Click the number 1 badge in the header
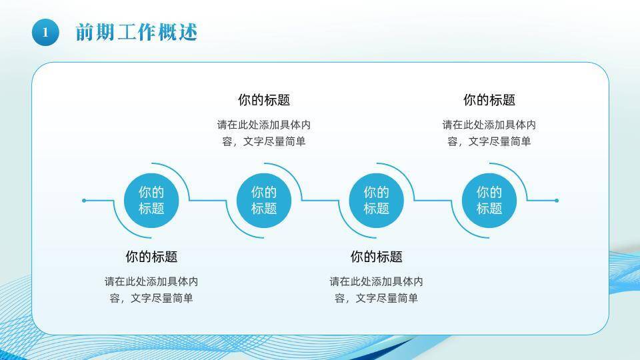point(45,32)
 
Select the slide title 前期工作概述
point(136,32)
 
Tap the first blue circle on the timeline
point(151,200)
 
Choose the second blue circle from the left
point(264,200)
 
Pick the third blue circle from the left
point(377,200)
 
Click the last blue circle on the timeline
point(489,200)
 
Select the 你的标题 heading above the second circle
point(264,100)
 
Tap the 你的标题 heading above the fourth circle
point(489,100)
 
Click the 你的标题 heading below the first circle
point(151,257)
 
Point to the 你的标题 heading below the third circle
point(377,257)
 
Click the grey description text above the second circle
point(264,133)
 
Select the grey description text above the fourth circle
point(489,133)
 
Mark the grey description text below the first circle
point(151,290)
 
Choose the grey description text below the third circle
point(377,290)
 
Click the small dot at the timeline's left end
point(84,200)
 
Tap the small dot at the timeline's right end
point(557,200)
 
